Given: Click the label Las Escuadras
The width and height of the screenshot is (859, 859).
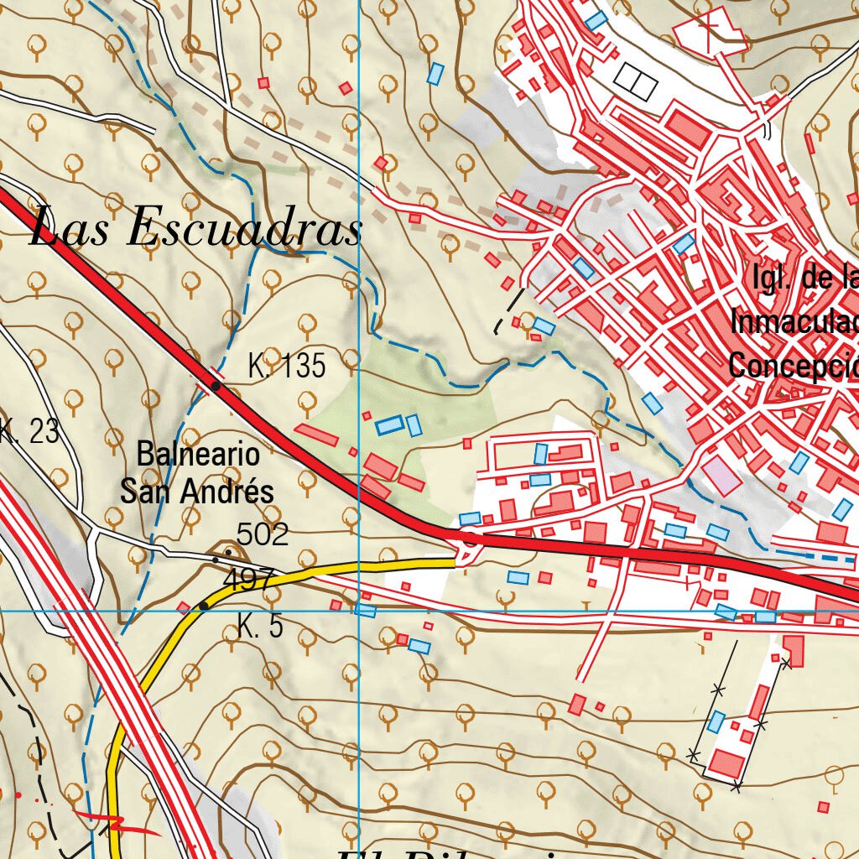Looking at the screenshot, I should click(195, 228).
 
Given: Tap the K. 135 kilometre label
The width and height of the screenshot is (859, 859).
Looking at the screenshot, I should click(286, 367).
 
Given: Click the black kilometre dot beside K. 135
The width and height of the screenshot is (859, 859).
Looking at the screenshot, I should click(216, 386).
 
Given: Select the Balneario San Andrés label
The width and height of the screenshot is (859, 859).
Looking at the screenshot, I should click(197, 474).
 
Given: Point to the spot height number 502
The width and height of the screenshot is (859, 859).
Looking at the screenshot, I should click(263, 534).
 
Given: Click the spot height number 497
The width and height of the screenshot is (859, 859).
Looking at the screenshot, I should click(249, 578).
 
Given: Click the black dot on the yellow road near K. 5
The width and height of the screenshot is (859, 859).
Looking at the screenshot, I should click(203, 605).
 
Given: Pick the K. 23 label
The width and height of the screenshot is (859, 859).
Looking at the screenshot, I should click(29, 432).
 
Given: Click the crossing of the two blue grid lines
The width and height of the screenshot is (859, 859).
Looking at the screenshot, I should click(359, 611).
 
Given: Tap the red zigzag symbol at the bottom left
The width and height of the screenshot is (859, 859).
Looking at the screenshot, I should click(117, 825).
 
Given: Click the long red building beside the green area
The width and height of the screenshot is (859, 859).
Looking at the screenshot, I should click(317, 435).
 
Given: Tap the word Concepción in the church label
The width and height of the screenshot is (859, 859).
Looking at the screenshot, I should click(793, 366).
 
